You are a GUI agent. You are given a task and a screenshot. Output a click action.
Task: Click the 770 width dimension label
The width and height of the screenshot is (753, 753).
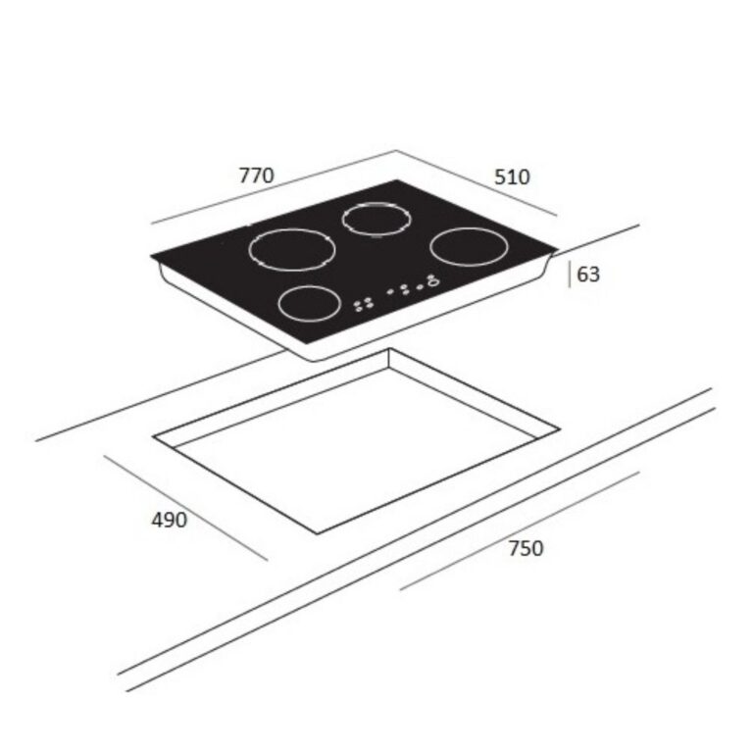coord(257,176)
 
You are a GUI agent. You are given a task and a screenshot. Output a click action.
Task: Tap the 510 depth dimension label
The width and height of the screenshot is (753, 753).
coord(512,177)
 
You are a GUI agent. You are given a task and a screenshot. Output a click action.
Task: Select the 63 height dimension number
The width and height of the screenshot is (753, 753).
coord(588,275)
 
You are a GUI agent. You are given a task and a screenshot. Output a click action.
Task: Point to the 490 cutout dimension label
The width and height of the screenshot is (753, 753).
coord(169,520)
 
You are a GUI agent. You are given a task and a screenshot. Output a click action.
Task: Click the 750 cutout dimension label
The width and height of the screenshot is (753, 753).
coord(526,548)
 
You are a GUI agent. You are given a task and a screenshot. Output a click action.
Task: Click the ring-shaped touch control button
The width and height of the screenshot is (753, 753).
coord(432,283)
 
